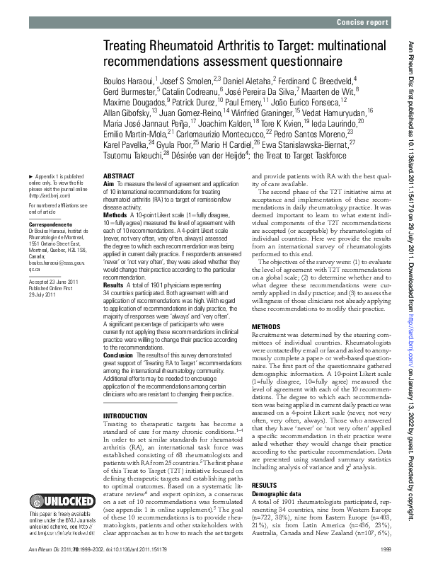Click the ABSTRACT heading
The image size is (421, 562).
click(118, 175)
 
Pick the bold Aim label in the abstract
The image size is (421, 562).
click(108, 183)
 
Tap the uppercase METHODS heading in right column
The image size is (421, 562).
click(266, 327)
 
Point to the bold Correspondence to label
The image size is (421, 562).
click(52, 222)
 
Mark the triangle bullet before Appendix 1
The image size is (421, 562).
click(30, 176)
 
